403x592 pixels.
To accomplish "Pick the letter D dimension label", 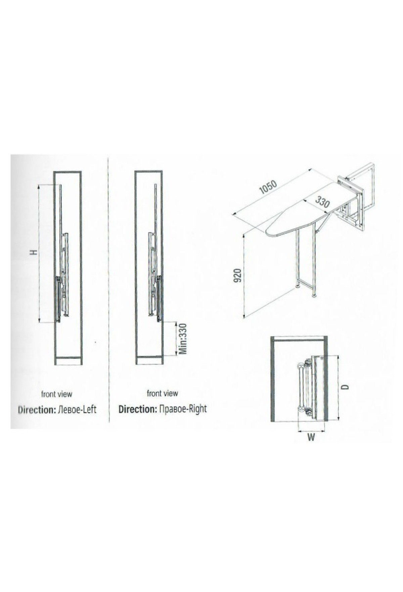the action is pos(346,387).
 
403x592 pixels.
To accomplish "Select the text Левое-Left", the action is pos(77,409).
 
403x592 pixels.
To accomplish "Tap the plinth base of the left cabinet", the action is pos(68,361).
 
